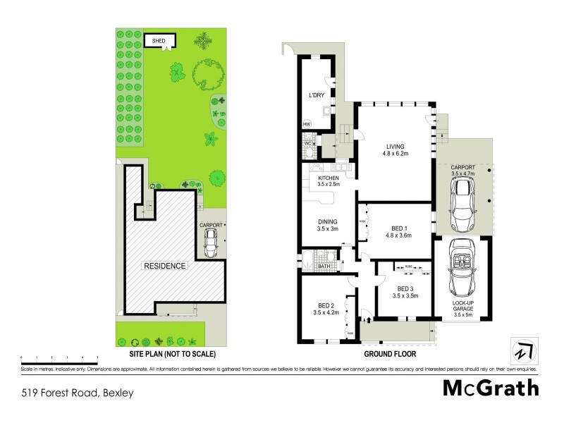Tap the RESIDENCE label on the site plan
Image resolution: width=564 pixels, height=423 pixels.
(165, 266)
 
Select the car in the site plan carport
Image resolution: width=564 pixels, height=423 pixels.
(209, 244)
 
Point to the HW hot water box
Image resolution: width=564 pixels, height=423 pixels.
(307, 125)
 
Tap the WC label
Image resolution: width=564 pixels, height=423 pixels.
(307, 144)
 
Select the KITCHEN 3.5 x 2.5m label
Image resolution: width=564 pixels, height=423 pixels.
(329, 181)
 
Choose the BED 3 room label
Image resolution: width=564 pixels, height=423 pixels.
(407, 292)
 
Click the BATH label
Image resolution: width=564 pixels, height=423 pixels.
(324, 266)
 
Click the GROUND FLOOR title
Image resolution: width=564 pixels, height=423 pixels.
(387, 354)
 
